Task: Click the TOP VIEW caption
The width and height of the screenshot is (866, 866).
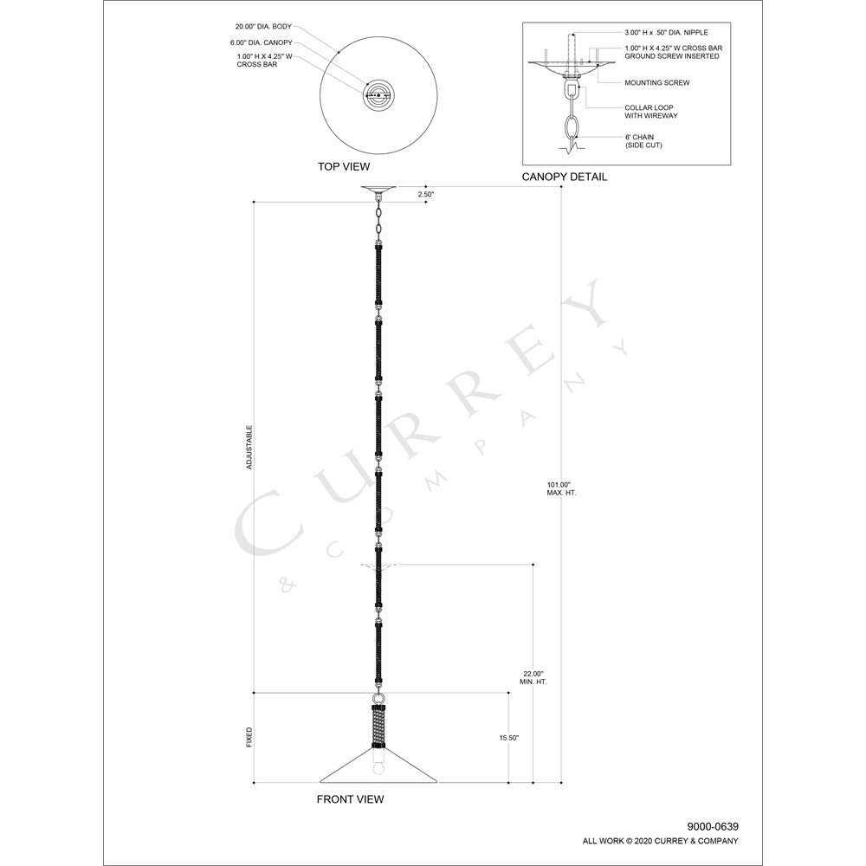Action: tap(344, 166)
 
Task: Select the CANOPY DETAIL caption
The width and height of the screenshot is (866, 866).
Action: tap(565, 177)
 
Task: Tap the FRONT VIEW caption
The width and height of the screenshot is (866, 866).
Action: tap(350, 799)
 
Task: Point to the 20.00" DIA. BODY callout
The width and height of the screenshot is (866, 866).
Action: tap(263, 27)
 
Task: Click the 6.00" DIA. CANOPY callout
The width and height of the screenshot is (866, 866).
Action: tap(262, 42)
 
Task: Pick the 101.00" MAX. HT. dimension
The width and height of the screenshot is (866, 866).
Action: tap(561, 488)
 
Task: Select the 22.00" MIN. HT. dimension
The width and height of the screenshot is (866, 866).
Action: tap(533, 678)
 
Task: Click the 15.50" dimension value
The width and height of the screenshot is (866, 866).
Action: tap(509, 738)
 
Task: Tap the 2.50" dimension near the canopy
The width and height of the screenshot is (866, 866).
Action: tap(426, 194)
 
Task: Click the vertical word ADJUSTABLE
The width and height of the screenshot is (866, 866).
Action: tap(249, 448)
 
